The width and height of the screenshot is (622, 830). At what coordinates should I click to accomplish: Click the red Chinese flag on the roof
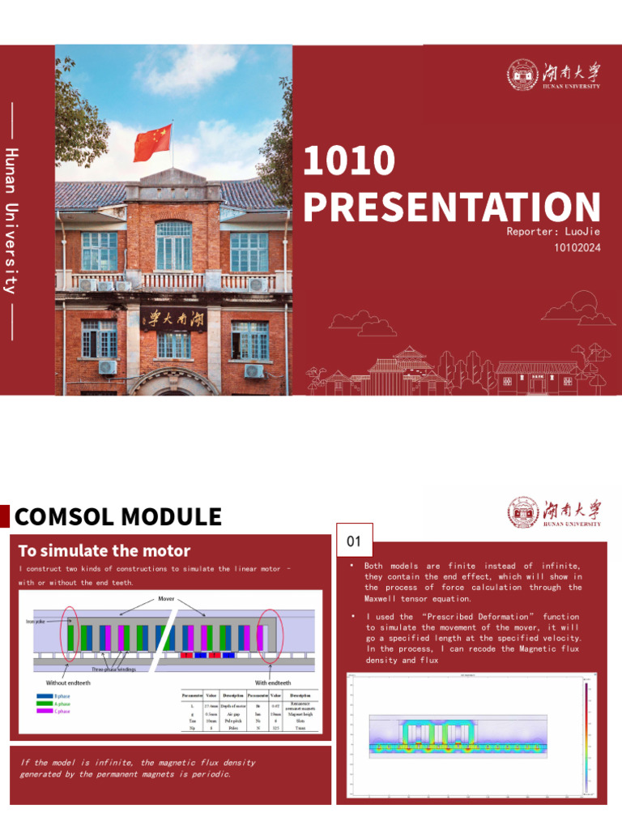[x=152, y=142]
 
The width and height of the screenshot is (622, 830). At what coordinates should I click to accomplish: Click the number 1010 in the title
[x=348, y=162]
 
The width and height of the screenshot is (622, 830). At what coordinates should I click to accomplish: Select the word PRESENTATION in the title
[x=452, y=207]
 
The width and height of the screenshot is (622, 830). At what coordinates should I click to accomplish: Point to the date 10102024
[x=577, y=248]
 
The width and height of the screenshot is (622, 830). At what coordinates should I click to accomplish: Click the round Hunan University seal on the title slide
[x=522, y=75]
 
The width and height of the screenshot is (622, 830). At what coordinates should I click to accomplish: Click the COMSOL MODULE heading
[x=118, y=516]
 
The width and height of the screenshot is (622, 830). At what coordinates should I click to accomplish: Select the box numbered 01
[x=354, y=541]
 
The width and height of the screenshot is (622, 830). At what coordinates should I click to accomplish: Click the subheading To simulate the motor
[x=104, y=551]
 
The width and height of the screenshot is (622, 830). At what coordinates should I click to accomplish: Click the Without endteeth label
[x=68, y=682]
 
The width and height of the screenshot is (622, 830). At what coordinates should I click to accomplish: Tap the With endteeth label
[x=273, y=682]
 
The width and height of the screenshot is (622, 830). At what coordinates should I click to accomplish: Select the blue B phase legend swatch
[x=45, y=696]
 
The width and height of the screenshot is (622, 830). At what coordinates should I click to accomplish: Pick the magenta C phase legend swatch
[x=45, y=711]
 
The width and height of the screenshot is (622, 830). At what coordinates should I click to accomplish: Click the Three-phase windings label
[x=113, y=670]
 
